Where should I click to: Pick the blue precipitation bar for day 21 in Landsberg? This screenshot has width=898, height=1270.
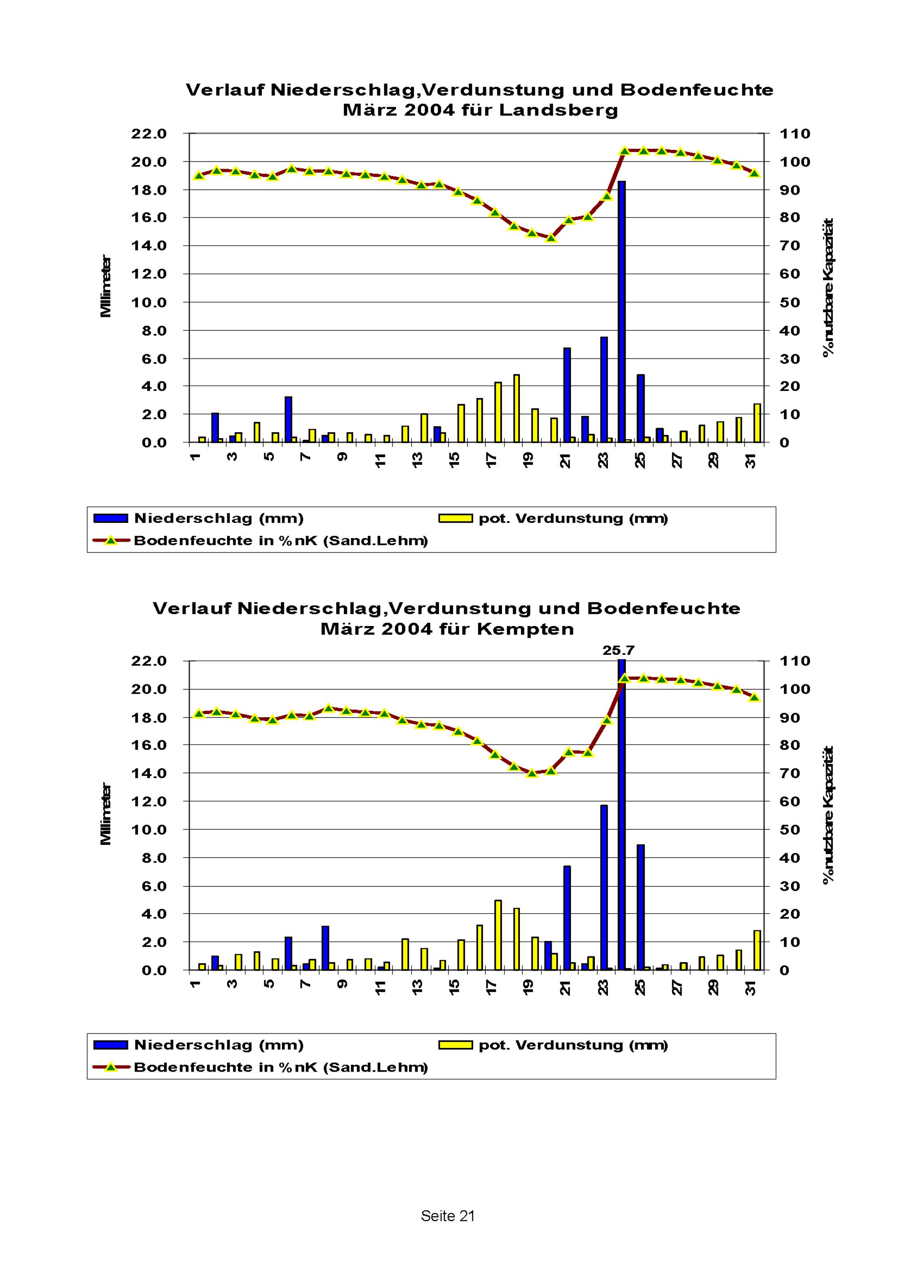[567, 395]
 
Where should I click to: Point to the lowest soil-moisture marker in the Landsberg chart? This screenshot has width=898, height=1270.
[550, 238]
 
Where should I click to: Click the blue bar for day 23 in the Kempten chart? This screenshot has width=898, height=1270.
[603, 887]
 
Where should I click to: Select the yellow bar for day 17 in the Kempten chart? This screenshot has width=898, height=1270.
[498, 935]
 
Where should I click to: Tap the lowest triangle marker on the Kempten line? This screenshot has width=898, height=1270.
[532, 773]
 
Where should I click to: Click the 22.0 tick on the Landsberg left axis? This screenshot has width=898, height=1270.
[148, 134]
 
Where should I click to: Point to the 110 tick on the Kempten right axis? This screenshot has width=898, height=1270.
[795, 661]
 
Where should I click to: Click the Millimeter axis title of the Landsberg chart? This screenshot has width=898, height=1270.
[105, 286]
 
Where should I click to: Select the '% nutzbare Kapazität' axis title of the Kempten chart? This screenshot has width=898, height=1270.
[828, 815]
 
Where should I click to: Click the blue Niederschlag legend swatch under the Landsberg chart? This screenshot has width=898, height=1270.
[110, 518]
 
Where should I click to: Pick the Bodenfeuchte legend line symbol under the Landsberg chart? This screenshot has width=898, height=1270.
[110, 540]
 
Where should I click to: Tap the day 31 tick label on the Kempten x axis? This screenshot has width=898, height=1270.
[750, 987]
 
